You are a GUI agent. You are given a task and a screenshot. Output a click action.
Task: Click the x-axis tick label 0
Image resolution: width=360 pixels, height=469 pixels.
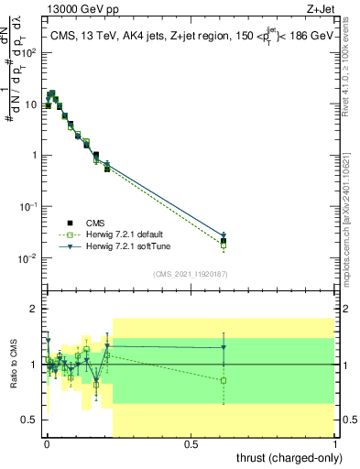point(47,443)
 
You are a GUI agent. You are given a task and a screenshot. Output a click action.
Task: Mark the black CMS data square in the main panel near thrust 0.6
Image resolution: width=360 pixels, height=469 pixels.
point(224,241)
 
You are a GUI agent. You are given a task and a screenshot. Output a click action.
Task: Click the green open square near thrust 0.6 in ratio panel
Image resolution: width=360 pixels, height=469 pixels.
point(224,380)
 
